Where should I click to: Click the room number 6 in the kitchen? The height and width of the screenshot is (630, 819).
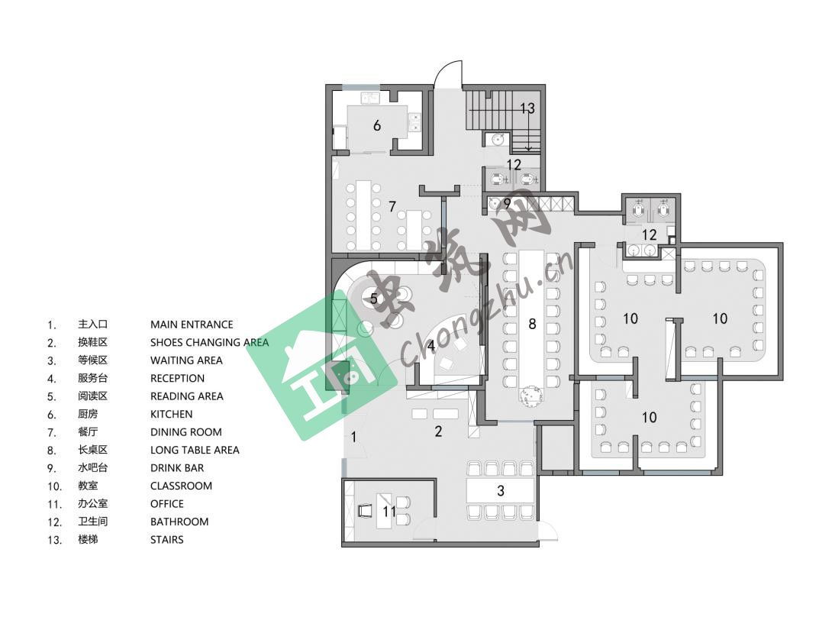pos(377,125)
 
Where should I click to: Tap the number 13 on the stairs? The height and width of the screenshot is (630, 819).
pos(527,108)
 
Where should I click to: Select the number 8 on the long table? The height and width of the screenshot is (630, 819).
pos(532,325)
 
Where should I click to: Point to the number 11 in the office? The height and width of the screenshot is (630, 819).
pos(389,511)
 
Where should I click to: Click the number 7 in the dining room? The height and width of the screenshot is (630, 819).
pos(392,207)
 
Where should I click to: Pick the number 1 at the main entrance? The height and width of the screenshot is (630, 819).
pos(353,437)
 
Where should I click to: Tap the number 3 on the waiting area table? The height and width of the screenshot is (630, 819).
pos(501,491)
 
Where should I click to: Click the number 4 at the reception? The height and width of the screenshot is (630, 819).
pos(431,346)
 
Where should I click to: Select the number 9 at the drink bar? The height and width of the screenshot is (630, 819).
pos(507,204)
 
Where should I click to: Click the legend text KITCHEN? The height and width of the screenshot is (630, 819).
pos(171,414)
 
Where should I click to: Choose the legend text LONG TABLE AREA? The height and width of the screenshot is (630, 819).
pos(195,451)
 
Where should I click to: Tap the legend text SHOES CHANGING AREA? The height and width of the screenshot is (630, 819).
pos(209,343)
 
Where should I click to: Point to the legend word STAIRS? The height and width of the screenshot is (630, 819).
pos(166,540)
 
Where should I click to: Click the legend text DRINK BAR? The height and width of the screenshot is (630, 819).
pos(177,468)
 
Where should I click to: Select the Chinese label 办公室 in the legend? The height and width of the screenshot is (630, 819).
pos(93,503)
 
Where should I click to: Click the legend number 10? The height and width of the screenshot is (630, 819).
pos(55,486)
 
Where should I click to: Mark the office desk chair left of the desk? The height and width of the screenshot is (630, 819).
pos(366,510)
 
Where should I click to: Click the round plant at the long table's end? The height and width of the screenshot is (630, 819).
pos(531,394)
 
